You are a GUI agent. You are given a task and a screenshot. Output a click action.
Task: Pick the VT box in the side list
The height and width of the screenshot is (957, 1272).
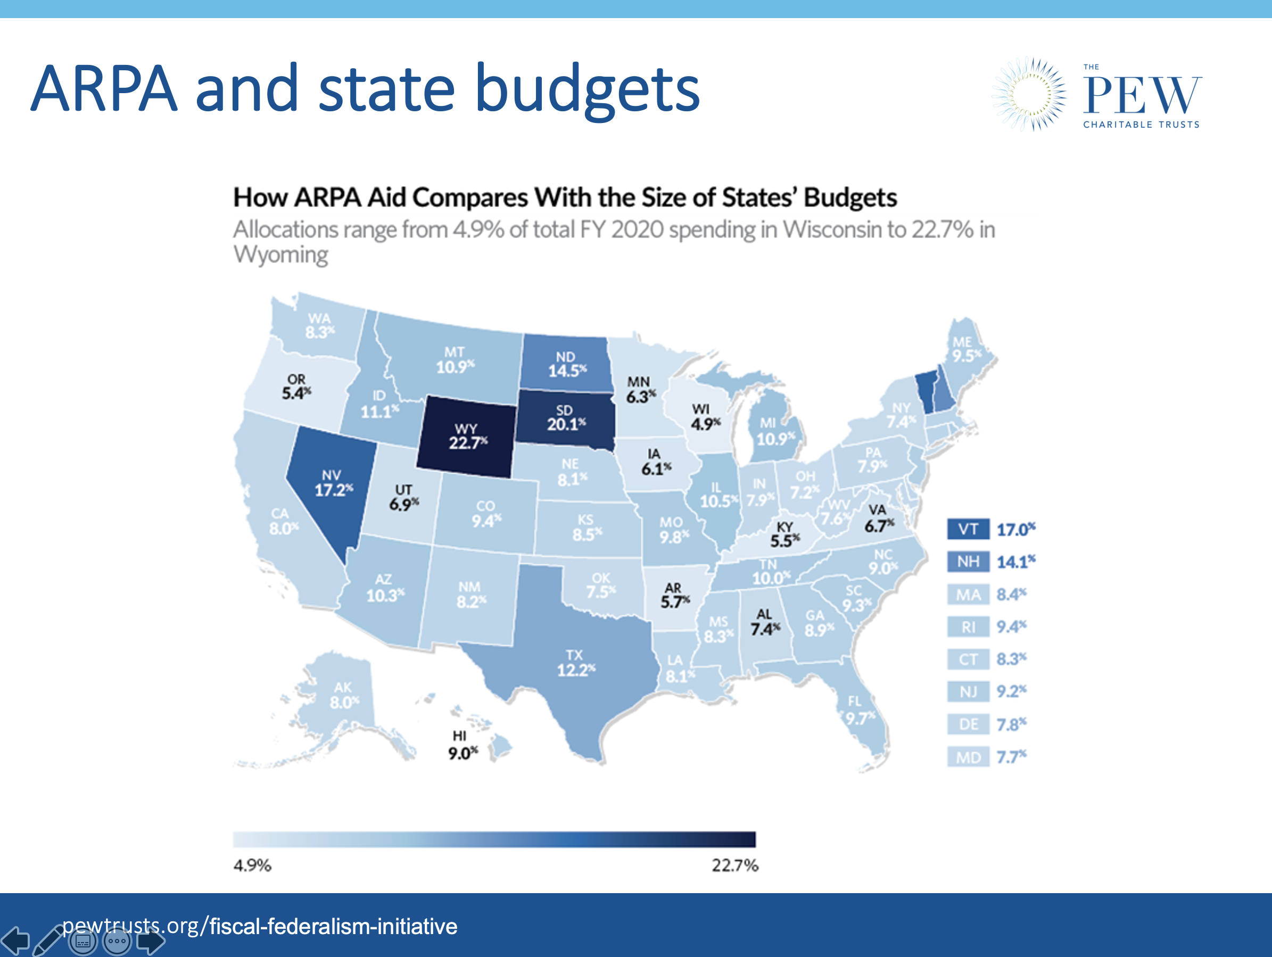coord(968,529)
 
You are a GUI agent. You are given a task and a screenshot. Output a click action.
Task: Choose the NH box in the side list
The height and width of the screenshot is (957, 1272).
coord(968,562)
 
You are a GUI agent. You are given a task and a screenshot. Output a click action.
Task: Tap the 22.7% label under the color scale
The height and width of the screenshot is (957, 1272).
coord(734,865)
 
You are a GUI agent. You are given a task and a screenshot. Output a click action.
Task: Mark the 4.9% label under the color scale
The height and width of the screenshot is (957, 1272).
coord(252,865)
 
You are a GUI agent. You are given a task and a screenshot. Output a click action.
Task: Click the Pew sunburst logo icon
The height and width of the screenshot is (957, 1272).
coord(1029,94)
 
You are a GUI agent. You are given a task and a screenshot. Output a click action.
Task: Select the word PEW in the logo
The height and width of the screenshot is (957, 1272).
coord(1142,96)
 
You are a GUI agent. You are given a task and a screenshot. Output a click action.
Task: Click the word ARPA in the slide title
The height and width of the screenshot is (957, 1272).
coord(103,89)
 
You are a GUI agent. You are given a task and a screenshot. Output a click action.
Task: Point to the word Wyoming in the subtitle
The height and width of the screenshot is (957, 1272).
coord(280,255)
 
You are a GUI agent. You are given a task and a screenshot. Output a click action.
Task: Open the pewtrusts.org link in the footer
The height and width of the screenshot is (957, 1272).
coord(259,926)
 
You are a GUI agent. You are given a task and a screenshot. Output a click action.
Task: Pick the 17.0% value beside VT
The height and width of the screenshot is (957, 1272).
coord(1015,529)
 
